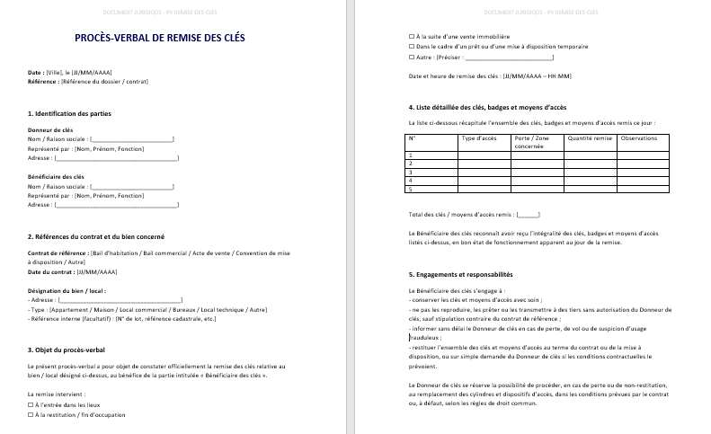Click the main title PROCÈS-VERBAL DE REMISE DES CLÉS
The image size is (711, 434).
(x=146, y=38)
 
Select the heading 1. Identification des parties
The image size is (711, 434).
(x=69, y=114)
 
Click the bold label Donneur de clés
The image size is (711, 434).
(x=50, y=130)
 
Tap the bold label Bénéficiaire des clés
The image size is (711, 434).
(x=56, y=178)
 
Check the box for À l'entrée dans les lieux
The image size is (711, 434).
(x=31, y=405)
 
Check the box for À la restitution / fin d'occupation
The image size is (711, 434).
(x=31, y=415)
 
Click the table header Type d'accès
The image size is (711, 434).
(x=479, y=138)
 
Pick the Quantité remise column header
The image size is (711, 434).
(x=589, y=138)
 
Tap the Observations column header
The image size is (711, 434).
(x=639, y=138)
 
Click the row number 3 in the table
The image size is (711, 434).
(x=411, y=172)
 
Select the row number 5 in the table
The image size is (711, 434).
(x=411, y=189)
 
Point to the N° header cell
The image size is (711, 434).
(x=413, y=138)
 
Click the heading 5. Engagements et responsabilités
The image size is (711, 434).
(x=460, y=274)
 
